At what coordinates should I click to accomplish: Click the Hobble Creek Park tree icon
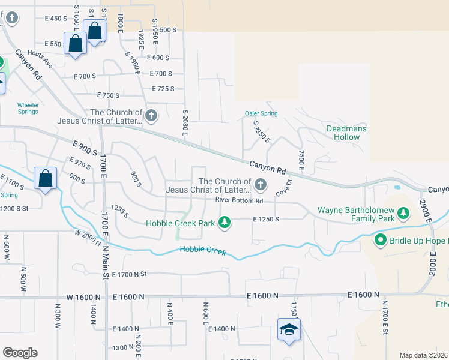point(224,223)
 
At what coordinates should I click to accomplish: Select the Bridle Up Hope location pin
point(380,241)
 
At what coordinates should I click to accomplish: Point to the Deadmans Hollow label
point(346,133)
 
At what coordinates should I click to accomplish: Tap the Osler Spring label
point(261,114)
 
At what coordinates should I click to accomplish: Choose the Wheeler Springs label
point(28,109)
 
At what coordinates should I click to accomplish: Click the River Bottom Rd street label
point(240,200)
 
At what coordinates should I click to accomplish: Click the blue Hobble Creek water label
point(203,251)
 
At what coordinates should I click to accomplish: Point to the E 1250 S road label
point(267,220)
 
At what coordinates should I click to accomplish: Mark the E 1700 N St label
point(125,274)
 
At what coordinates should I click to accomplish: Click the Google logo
point(20,353)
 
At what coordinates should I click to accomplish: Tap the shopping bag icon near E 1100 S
point(46,178)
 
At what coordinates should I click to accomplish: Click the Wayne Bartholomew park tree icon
point(403,212)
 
